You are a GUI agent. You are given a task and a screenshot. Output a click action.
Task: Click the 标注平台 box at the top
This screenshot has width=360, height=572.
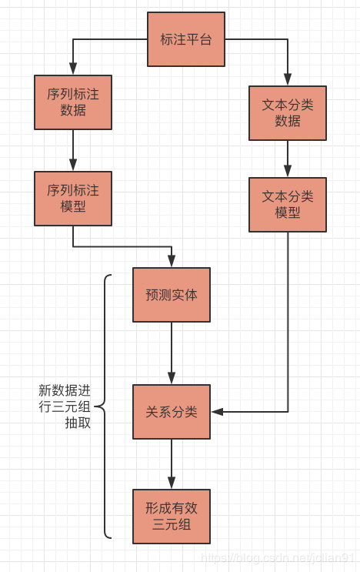pos(186,39)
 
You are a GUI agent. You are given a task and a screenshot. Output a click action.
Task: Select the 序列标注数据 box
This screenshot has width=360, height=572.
pos(73,102)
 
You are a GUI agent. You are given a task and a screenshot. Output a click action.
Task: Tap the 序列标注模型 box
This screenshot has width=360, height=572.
pos(73,198)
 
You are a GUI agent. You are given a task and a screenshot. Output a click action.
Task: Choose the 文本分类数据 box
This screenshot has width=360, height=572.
pos(288,112)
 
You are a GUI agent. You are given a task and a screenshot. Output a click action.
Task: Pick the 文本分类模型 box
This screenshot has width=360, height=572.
pos(288,204)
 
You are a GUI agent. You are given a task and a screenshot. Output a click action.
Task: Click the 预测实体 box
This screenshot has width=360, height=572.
pos(172,295)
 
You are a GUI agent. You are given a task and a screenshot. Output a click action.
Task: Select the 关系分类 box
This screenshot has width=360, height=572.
pos(172,412)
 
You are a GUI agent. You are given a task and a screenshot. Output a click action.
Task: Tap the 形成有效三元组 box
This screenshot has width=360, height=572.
pos(172,517)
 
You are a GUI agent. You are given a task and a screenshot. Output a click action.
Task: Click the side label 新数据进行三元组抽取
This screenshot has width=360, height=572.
pos(65,406)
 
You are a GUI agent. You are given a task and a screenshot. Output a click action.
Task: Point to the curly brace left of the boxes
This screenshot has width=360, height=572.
pos(105,406)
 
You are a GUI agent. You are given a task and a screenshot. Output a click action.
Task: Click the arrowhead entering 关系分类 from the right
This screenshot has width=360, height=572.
pos(217,412)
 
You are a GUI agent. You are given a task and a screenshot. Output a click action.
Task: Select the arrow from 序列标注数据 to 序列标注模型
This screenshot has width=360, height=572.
pos(73,149)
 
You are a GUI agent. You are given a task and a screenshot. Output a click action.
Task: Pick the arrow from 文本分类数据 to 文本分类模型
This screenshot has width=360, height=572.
pos(288,159)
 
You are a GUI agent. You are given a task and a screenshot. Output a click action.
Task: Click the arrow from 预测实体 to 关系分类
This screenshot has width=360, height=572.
pos(172,353)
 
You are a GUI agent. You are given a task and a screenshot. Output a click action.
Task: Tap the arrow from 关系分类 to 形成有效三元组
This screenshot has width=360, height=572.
pos(172,463)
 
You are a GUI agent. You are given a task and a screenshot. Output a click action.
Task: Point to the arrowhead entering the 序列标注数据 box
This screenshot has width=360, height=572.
pos(73,70)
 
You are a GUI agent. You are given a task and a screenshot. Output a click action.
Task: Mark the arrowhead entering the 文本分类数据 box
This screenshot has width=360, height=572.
pos(288,80)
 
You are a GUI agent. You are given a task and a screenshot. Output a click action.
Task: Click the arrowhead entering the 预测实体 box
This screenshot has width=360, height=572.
pos(172,263)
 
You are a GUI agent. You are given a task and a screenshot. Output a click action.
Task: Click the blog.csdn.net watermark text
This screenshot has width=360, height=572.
pos(277,557)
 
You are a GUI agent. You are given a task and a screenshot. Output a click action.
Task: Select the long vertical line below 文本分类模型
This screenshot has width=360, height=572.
pos(288,323)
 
